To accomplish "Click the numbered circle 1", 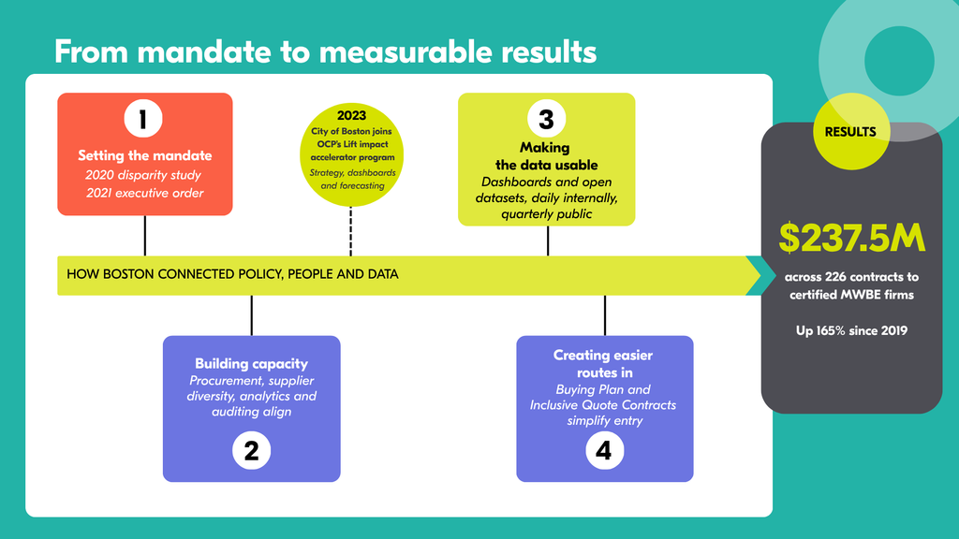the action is point(143,119).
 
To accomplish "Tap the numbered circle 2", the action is point(251,451).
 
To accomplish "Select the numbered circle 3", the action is point(546,119).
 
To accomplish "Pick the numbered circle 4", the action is point(604,451).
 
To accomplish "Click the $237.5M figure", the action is point(851,237).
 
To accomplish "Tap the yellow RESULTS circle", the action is point(851,131).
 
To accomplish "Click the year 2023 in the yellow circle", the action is point(352,115).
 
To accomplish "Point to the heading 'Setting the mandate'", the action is point(145,155).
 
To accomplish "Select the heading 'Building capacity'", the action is point(251,364).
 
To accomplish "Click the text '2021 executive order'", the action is point(145,193).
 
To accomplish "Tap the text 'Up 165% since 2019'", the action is point(851,330).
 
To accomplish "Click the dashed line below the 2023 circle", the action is point(350,232).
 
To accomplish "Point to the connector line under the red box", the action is point(145,236).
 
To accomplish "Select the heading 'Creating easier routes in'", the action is point(603,364).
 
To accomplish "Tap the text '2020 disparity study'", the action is point(143,175).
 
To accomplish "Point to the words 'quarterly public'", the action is point(546,214).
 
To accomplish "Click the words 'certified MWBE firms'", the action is point(851,295).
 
